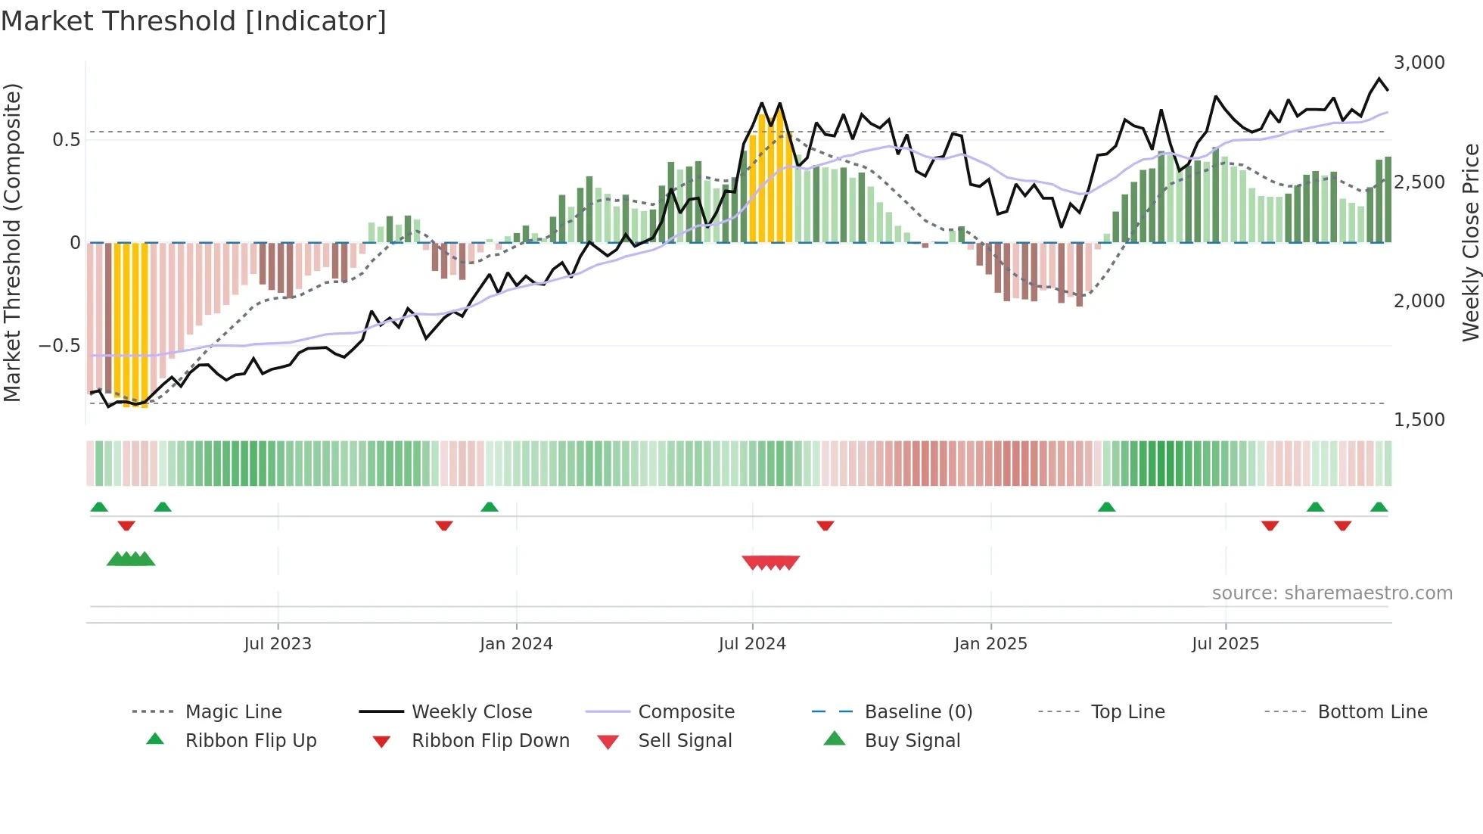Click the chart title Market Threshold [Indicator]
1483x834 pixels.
click(x=194, y=21)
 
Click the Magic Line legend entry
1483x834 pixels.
click(x=233, y=712)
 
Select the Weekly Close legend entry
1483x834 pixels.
click(x=471, y=712)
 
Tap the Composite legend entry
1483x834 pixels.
click(x=686, y=712)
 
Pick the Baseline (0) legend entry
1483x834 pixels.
click(x=918, y=712)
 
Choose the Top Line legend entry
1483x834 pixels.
click(x=1127, y=712)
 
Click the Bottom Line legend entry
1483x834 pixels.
click(x=1372, y=712)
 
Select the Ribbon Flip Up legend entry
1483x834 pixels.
click(x=250, y=741)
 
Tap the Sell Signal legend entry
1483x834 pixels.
click(x=685, y=741)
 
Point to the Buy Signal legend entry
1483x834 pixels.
click(x=912, y=741)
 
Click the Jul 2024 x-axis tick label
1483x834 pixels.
click(x=752, y=644)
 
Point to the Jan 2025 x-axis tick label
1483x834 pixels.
click(x=990, y=644)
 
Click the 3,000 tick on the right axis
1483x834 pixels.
click(x=1419, y=63)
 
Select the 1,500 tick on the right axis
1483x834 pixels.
click(x=1419, y=420)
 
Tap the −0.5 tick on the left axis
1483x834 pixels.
click(x=59, y=346)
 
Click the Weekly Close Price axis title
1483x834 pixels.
click(x=1470, y=242)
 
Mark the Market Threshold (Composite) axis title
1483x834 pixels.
click(x=12, y=242)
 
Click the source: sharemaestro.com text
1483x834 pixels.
click(x=1332, y=593)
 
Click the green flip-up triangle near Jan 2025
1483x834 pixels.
click(x=1106, y=507)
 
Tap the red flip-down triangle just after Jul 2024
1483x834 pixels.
click(x=825, y=525)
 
